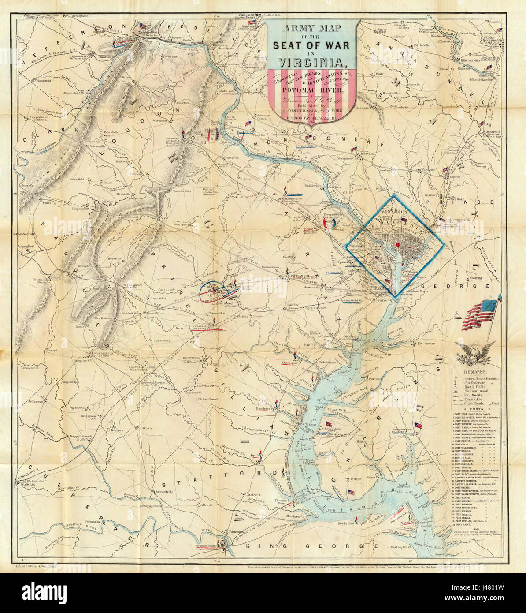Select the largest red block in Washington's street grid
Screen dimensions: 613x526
tap(398, 244)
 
